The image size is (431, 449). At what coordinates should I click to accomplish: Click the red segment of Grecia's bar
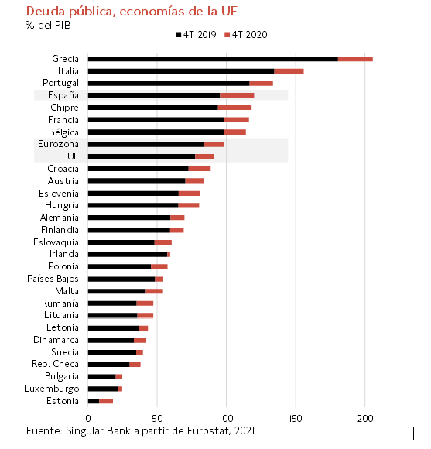point(355,59)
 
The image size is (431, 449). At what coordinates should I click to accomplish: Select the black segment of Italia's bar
point(181,71)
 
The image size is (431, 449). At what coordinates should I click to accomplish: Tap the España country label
point(63,95)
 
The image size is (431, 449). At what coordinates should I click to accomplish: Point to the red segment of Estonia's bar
point(106,401)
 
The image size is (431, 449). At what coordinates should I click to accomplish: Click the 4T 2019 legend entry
point(196,35)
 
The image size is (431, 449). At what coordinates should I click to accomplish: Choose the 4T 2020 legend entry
point(246,35)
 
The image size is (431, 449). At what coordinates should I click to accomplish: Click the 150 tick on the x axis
point(296,419)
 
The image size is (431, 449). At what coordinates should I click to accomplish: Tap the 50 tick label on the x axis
point(157,419)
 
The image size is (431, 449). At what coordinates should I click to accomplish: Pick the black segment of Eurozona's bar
point(146,145)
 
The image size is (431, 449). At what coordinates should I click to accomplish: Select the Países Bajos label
point(53,279)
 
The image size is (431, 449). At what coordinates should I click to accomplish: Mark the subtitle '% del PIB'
point(48,26)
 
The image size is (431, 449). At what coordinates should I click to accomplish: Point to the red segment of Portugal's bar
point(261,84)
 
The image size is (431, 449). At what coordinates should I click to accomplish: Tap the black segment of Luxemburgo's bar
point(103,389)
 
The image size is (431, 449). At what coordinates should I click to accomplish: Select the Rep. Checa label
point(55,364)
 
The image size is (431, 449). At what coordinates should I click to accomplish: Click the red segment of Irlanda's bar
point(169,254)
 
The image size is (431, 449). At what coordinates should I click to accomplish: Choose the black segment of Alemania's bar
point(129,218)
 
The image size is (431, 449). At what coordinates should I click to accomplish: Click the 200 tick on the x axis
point(365,419)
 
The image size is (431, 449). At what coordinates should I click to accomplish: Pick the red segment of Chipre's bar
point(234,108)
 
